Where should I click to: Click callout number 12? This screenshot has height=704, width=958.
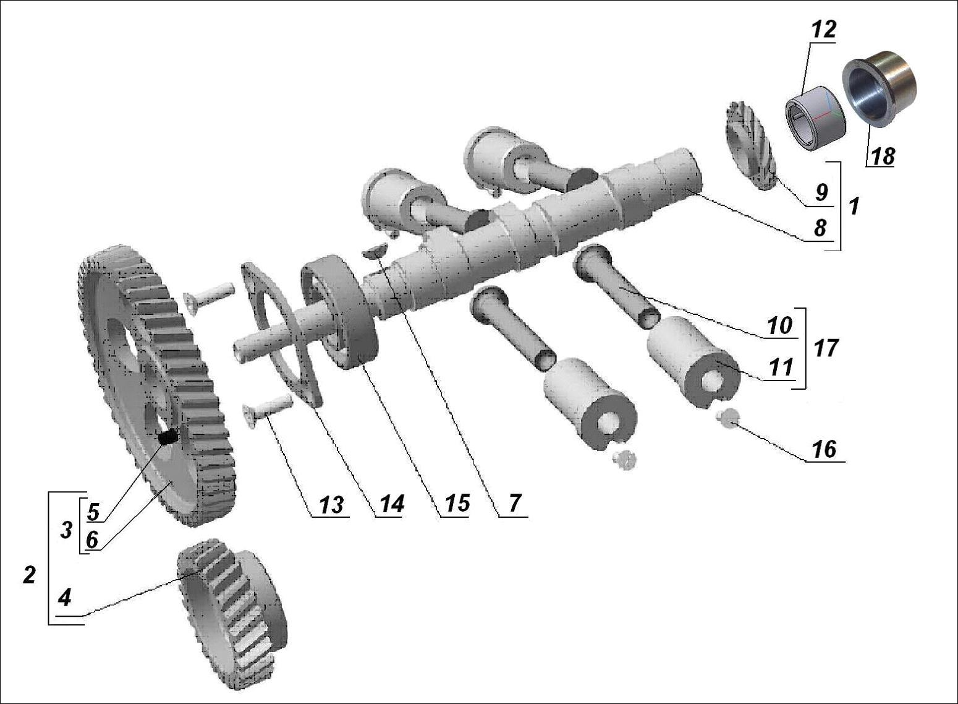point(823,30)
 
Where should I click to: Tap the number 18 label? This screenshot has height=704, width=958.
point(883,157)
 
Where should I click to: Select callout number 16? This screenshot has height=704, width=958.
point(824,449)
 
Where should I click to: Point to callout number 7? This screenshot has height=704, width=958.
point(515,504)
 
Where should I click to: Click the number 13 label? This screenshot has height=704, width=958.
point(331,505)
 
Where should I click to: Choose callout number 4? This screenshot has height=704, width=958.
point(65,598)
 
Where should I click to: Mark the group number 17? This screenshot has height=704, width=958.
point(826,348)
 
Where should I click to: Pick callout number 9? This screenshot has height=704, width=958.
point(821,192)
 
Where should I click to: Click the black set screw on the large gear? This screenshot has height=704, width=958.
point(167,438)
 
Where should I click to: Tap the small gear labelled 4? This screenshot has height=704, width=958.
point(232,612)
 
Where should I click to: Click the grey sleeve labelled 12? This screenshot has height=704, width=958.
point(815,118)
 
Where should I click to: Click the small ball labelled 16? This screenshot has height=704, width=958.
point(728,418)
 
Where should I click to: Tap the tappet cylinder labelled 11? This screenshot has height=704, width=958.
point(692,359)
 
